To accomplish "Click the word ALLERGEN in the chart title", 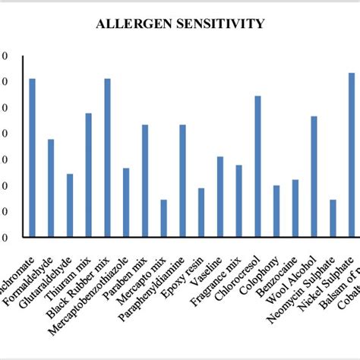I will click(x=131, y=24).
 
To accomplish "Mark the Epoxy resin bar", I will click(x=201, y=213).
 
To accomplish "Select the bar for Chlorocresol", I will click(x=257, y=166).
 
